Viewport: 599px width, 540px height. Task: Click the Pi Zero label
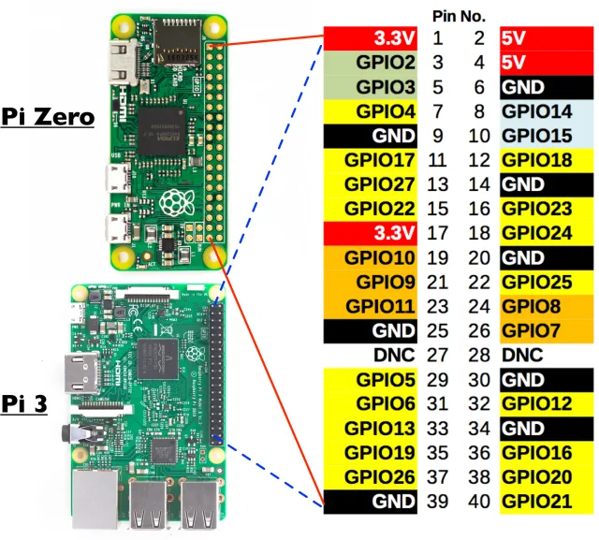tap(48, 116)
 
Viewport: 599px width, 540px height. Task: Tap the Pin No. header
tap(458, 16)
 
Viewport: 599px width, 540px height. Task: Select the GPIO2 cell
tap(370, 63)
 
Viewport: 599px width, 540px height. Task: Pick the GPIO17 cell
tap(370, 160)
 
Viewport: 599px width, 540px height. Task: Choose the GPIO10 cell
tap(370, 257)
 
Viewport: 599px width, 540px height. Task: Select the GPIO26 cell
tap(370, 476)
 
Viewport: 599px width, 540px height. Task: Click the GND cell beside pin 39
tap(370, 501)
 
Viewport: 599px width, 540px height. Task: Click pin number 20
tap(478, 257)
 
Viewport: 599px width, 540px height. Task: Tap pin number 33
tap(437, 428)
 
